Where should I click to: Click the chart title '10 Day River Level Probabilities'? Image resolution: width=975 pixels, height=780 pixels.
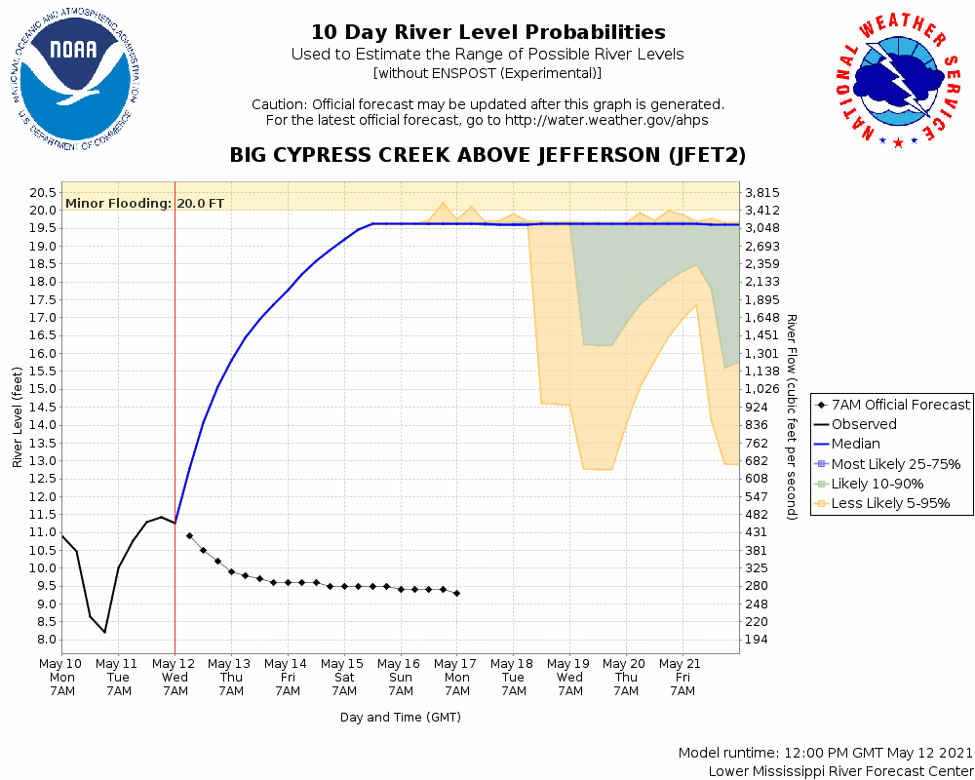click(x=487, y=32)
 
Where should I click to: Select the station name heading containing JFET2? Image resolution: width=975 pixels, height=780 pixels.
click(x=487, y=155)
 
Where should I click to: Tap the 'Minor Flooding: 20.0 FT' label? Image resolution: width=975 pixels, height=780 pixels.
click(x=144, y=204)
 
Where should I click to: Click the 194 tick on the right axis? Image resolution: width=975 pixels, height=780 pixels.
click(x=757, y=640)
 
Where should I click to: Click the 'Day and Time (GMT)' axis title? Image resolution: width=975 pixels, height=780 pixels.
click(x=400, y=718)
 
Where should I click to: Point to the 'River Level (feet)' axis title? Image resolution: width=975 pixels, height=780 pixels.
click(x=18, y=416)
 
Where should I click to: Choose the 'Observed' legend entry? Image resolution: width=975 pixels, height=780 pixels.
click(x=864, y=424)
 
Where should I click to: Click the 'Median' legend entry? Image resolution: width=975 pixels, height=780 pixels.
click(x=855, y=444)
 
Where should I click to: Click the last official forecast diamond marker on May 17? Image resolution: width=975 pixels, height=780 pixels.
click(x=456, y=593)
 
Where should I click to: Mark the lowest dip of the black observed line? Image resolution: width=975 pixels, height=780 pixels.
click(x=104, y=632)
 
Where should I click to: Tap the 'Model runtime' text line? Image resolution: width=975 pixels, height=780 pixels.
click(x=825, y=754)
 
